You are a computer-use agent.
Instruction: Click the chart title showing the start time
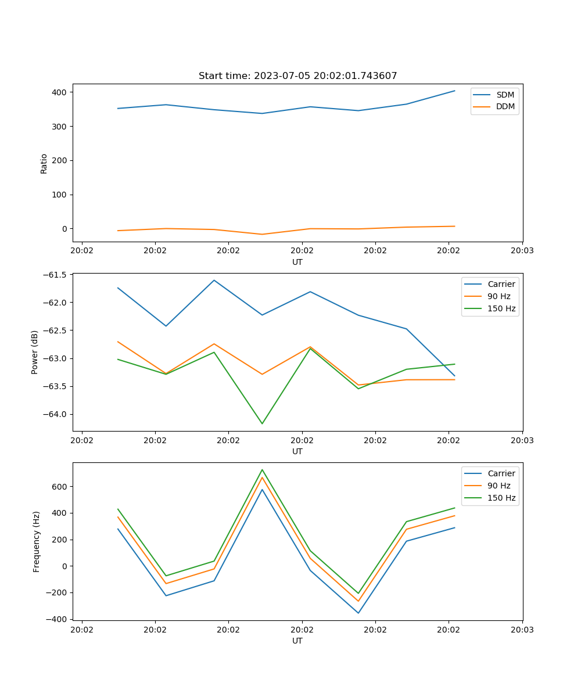click(297, 76)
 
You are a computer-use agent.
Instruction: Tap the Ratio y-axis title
click(44, 163)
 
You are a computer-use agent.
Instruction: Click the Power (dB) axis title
click(35, 352)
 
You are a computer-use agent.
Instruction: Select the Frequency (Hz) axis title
click(36, 541)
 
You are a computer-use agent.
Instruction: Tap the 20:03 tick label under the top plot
click(522, 251)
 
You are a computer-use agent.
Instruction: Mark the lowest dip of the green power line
click(262, 423)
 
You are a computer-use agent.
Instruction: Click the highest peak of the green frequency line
click(262, 469)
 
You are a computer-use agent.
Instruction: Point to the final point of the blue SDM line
click(454, 91)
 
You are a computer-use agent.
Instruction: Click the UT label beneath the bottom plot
click(297, 641)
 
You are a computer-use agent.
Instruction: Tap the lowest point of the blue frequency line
click(358, 613)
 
